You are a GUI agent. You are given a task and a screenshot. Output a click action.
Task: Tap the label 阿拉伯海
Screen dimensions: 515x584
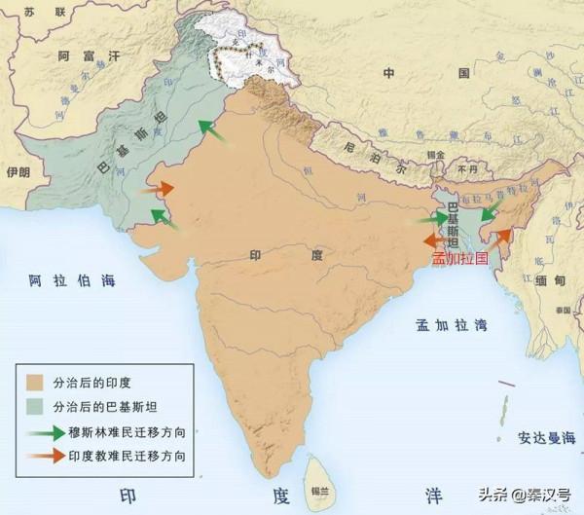point(72,281)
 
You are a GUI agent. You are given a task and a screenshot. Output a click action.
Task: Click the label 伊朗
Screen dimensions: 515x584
point(18,172)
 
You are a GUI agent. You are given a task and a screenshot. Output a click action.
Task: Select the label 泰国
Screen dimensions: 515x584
point(563,309)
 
